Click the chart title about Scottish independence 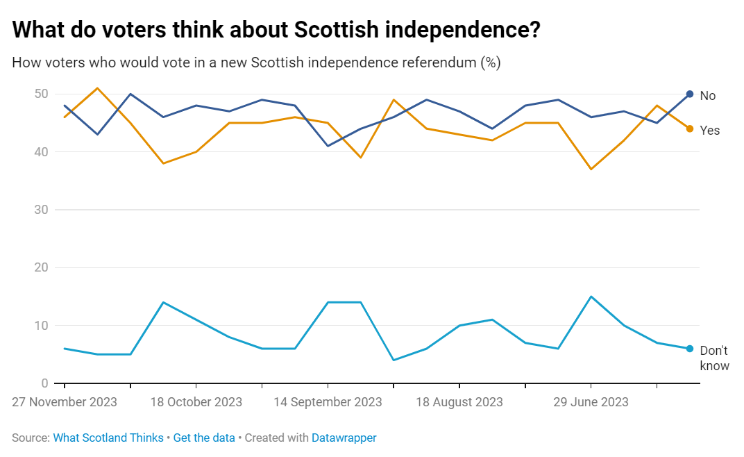(x=277, y=31)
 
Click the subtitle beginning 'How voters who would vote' (x=256, y=63)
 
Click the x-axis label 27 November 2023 (x=65, y=402)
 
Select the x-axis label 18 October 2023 (x=196, y=402)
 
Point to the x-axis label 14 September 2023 (x=328, y=402)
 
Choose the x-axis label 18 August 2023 (x=459, y=402)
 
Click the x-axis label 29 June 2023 (x=591, y=402)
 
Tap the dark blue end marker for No (x=689, y=94)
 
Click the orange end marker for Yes (x=689, y=128)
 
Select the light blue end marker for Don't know (x=689, y=349)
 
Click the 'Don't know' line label (x=714, y=358)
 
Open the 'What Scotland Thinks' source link (x=108, y=438)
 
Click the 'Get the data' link (x=204, y=438)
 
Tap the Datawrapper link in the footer (x=344, y=438)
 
